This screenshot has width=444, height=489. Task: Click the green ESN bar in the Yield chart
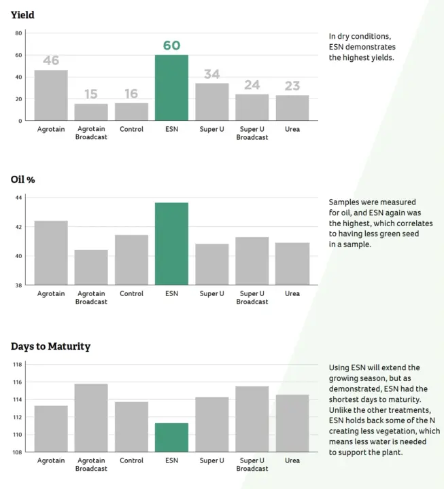pyautogui.click(x=171, y=88)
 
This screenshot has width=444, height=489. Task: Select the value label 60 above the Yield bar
pyautogui.click(x=171, y=46)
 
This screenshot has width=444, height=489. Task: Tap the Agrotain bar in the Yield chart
pyautogui.click(x=51, y=95)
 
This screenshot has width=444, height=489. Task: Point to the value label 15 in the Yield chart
pyautogui.click(x=91, y=94)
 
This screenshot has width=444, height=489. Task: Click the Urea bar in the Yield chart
pyautogui.click(x=292, y=108)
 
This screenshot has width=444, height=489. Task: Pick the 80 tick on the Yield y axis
pyautogui.click(x=19, y=33)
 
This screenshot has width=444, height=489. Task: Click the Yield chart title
pyautogui.click(x=22, y=15)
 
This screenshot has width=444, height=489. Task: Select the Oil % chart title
pyautogui.click(x=24, y=179)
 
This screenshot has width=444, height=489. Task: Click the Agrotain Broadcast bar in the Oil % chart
pyautogui.click(x=91, y=267)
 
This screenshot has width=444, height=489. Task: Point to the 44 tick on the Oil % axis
pyautogui.click(x=19, y=198)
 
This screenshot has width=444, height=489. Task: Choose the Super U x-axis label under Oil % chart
pyautogui.click(x=211, y=293)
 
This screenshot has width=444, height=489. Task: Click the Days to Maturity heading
pyautogui.click(x=50, y=346)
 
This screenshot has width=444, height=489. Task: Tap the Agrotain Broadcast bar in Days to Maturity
pyautogui.click(x=91, y=418)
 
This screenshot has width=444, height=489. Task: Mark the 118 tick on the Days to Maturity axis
pyautogui.click(x=18, y=365)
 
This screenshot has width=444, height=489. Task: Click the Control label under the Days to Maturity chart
pyautogui.click(x=131, y=460)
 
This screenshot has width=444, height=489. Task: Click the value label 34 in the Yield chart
pyautogui.click(x=211, y=75)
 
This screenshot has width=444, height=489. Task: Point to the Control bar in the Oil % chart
pyautogui.click(x=131, y=259)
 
